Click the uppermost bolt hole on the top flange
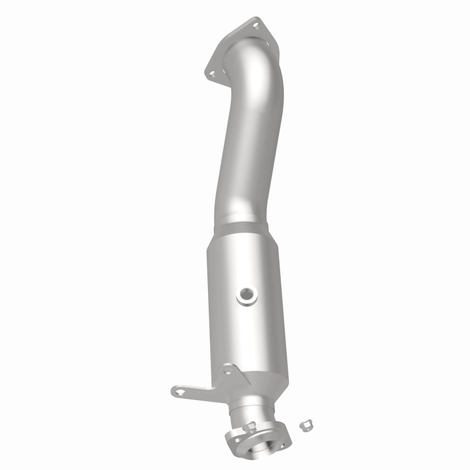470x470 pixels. pos(256,24)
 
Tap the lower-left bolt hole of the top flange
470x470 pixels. pos(210,73)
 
